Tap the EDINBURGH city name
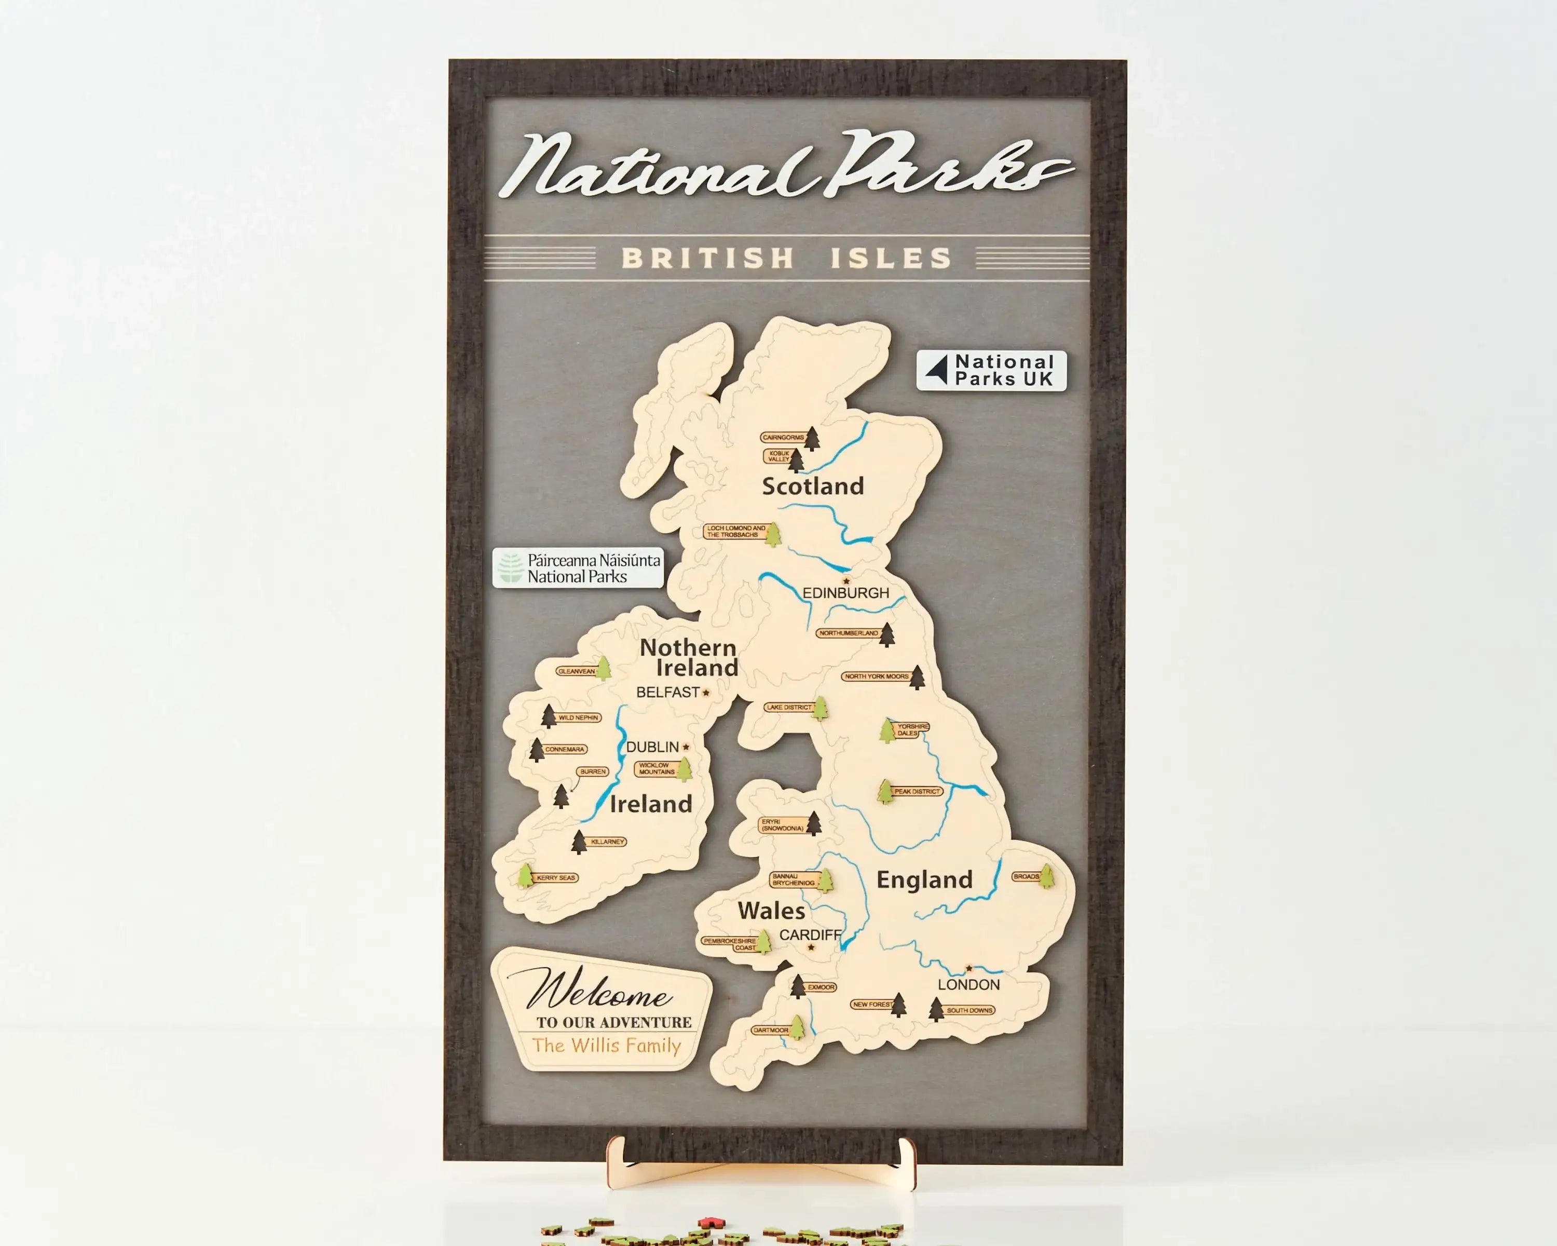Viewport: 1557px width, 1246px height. coord(845,593)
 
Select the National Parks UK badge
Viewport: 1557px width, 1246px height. coord(991,371)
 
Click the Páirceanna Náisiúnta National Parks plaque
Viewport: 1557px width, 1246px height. coord(578,568)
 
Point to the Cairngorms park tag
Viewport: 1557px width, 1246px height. coord(783,437)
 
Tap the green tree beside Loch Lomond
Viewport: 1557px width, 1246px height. coord(773,535)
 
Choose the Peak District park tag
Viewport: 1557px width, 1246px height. coord(917,792)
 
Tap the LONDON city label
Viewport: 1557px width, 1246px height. coord(968,984)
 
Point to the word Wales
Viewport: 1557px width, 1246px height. coord(771,911)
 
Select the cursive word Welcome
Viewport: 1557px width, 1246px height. coord(599,991)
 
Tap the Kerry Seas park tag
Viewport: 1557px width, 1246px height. coord(555,877)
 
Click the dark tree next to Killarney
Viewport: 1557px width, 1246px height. coord(579,842)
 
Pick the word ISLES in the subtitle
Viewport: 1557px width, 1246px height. coord(891,258)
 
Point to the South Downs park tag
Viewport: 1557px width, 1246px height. coord(969,1010)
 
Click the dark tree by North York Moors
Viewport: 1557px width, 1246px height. coord(917,678)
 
